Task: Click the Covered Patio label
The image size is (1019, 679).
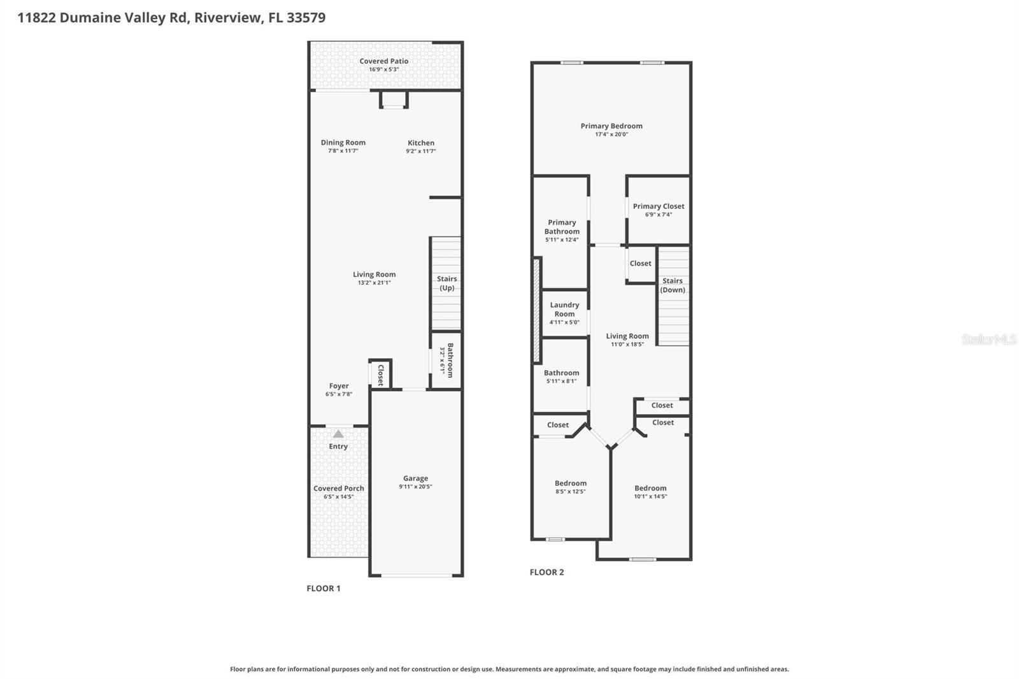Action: pyautogui.click(x=383, y=61)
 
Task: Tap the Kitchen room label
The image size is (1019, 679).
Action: pyautogui.click(x=421, y=143)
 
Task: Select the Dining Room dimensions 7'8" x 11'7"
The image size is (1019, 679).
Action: pyautogui.click(x=343, y=151)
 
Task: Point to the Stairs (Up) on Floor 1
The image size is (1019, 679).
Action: pyautogui.click(x=446, y=283)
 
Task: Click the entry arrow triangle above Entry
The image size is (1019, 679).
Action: pyautogui.click(x=338, y=434)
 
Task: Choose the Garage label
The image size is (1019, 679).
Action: pyautogui.click(x=415, y=478)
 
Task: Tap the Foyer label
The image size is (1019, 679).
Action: pyautogui.click(x=339, y=386)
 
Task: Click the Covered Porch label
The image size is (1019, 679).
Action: pyautogui.click(x=339, y=489)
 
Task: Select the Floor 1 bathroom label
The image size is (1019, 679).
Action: pyautogui.click(x=450, y=361)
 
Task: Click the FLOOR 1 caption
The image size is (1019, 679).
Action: pyautogui.click(x=324, y=589)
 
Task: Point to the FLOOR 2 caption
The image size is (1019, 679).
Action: pyautogui.click(x=546, y=572)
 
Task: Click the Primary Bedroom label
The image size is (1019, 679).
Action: pyautogui.click(x=611, y=126)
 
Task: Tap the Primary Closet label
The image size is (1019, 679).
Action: pyautogui.click(x=659, y=206)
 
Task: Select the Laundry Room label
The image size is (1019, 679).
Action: pyautogui.click(x=564, y=310)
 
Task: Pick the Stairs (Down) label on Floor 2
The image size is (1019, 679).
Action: pyautogui.click(x=673, y=285)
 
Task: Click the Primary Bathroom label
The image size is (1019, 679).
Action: pyautogui.click(x=562, y=227)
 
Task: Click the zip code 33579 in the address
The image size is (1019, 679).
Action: pyautogui.click(x=306, y=17)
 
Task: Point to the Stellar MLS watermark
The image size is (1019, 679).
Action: pyautogui.click(x=988, y=339)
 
